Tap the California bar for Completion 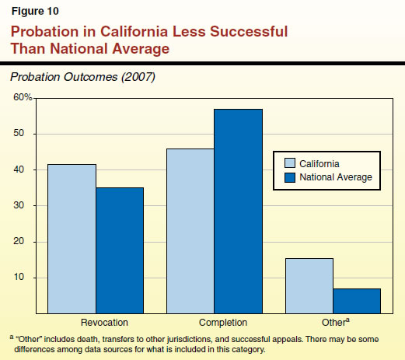coord(190,231)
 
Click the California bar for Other coord(309,285)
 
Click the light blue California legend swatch coord(289,163)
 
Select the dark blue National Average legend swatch coord(289,177)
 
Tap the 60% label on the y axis coord(22,98)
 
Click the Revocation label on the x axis coord(104,322)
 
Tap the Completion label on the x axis coord(222,322)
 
